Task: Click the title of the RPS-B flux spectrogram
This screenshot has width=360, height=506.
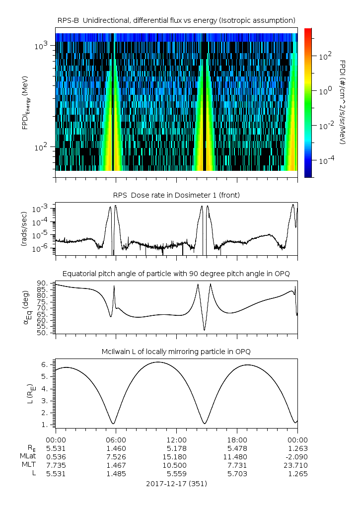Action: coord(176,20)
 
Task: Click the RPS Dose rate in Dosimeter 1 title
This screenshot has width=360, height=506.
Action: coord(176,195)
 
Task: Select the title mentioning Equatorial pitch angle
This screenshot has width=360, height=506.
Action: coord(176,274)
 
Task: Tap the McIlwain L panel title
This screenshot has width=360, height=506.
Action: coord(176,352)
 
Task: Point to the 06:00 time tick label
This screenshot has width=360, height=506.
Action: coord(116,440)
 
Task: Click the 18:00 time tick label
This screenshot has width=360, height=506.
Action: coord(237,440)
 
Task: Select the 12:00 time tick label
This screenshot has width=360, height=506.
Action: coord(176,440)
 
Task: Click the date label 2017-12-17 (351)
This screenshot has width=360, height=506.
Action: coord(176,483)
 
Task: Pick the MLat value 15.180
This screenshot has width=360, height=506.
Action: coord(176,457)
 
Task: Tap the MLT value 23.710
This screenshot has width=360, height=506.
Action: coord(297,465)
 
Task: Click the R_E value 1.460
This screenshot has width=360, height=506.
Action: coord(116,448)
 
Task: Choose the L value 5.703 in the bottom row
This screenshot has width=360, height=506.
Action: coord(237,474)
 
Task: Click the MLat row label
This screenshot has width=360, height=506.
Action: coord(27,457)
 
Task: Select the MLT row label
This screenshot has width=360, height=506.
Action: coord(29,465)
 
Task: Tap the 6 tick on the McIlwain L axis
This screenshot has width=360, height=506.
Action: coord(45,364)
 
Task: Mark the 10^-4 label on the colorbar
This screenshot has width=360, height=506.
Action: coord(325,161)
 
